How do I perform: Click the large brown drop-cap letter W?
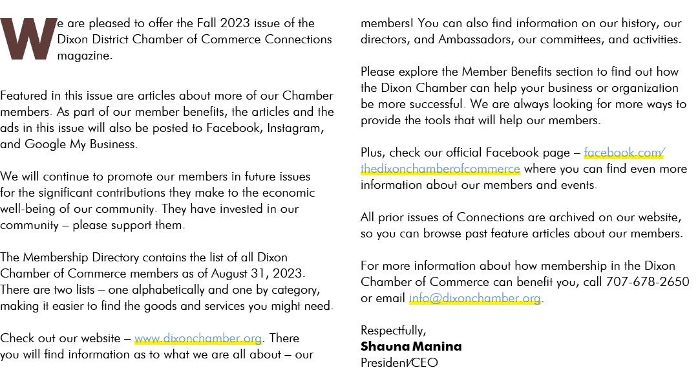pos(28,39)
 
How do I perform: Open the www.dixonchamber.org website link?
pos(198,338)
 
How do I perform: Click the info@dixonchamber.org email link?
pos(475,298)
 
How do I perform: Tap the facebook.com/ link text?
pos(624,153)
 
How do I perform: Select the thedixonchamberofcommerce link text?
pos(440,169)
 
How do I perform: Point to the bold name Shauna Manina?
pos(411,346)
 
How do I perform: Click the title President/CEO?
pos(399,363)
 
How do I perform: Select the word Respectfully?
pos(393,331)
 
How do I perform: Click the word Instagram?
pos(295,128)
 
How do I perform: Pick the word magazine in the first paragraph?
pos(84,56)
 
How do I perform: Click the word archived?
pos(577,217)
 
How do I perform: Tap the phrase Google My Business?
pos(81,144)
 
